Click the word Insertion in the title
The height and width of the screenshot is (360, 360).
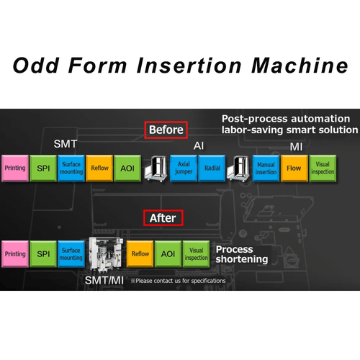point(189,66)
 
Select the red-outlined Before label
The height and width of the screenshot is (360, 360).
point(166,130)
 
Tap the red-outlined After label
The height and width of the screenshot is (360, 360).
point(163,218)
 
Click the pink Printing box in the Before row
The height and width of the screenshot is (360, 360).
point(15,168)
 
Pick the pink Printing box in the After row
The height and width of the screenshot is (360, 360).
point(15,254)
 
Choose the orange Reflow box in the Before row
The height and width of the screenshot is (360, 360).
point(99,168)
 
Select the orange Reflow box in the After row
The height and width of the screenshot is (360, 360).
point(140,254)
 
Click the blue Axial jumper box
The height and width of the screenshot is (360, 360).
point(184,168)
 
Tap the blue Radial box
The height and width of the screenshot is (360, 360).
point(212,168)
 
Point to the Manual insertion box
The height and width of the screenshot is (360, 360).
point(266,168)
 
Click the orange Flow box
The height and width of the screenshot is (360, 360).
point(294,168)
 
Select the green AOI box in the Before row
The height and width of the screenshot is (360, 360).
point(127,168)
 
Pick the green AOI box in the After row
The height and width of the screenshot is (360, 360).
point(168,254)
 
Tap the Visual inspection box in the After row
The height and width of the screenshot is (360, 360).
point(196,254)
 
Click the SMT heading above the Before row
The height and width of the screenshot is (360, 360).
point(66,144)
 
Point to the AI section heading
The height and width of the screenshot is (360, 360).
point(199,145)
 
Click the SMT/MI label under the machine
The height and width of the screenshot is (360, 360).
point(104,280)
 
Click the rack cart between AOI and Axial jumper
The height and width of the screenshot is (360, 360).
point(156,168)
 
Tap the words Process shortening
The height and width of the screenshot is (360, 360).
point(242,254)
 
